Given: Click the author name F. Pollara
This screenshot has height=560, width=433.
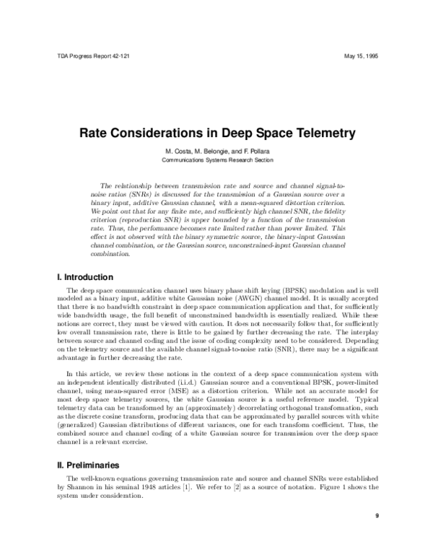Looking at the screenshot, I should click(x=256, y=151).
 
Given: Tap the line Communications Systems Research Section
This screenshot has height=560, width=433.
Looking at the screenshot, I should click(x=216, y=160).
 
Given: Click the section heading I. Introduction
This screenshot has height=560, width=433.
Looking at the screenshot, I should click(x=84, y=277).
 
